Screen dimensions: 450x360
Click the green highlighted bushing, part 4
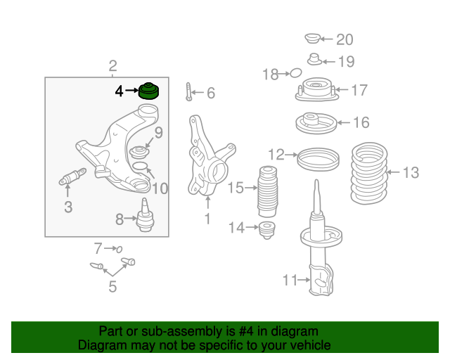(x=149, y=91)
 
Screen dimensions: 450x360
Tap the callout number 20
(x=345, y=39)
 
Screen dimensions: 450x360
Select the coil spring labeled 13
(x=369, y=173)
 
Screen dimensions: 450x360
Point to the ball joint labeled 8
(x=146, y=215)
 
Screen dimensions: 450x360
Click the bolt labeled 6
(x=188, y=91)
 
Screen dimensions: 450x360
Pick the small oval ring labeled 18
(x=296, y=73)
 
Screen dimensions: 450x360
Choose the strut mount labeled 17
(x=317, y=89)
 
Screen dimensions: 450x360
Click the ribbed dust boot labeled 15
(x=268, y=191)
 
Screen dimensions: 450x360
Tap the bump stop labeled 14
(x=267, y=230)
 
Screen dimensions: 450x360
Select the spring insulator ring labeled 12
(x=318, y=160)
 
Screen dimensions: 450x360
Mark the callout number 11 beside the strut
(x=290, y=280)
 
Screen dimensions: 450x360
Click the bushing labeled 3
(x=72, y=176)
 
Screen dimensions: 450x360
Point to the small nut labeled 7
(x=120, y=249)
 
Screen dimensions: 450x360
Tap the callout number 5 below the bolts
(x=112, y=286)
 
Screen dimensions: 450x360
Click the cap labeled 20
(x=312, y=39)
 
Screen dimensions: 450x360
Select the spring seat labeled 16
(x=316, y=123)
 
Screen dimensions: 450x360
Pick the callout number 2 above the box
(x=112, y=65)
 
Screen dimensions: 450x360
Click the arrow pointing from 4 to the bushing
(x=132, y=90)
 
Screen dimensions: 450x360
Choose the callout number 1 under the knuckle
(x=207, y=219)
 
